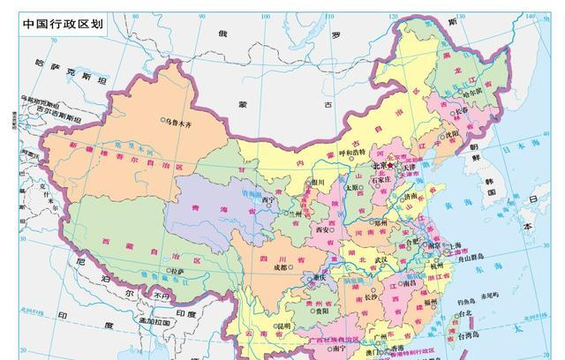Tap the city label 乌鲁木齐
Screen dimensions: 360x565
coord(181,120)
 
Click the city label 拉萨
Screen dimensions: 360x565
coord(178,271)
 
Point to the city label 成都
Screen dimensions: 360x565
coord(281,267)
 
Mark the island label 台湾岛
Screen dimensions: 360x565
coord(467,334)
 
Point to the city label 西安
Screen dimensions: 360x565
coord(323,229)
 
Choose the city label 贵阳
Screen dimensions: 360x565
coord(322,310)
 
